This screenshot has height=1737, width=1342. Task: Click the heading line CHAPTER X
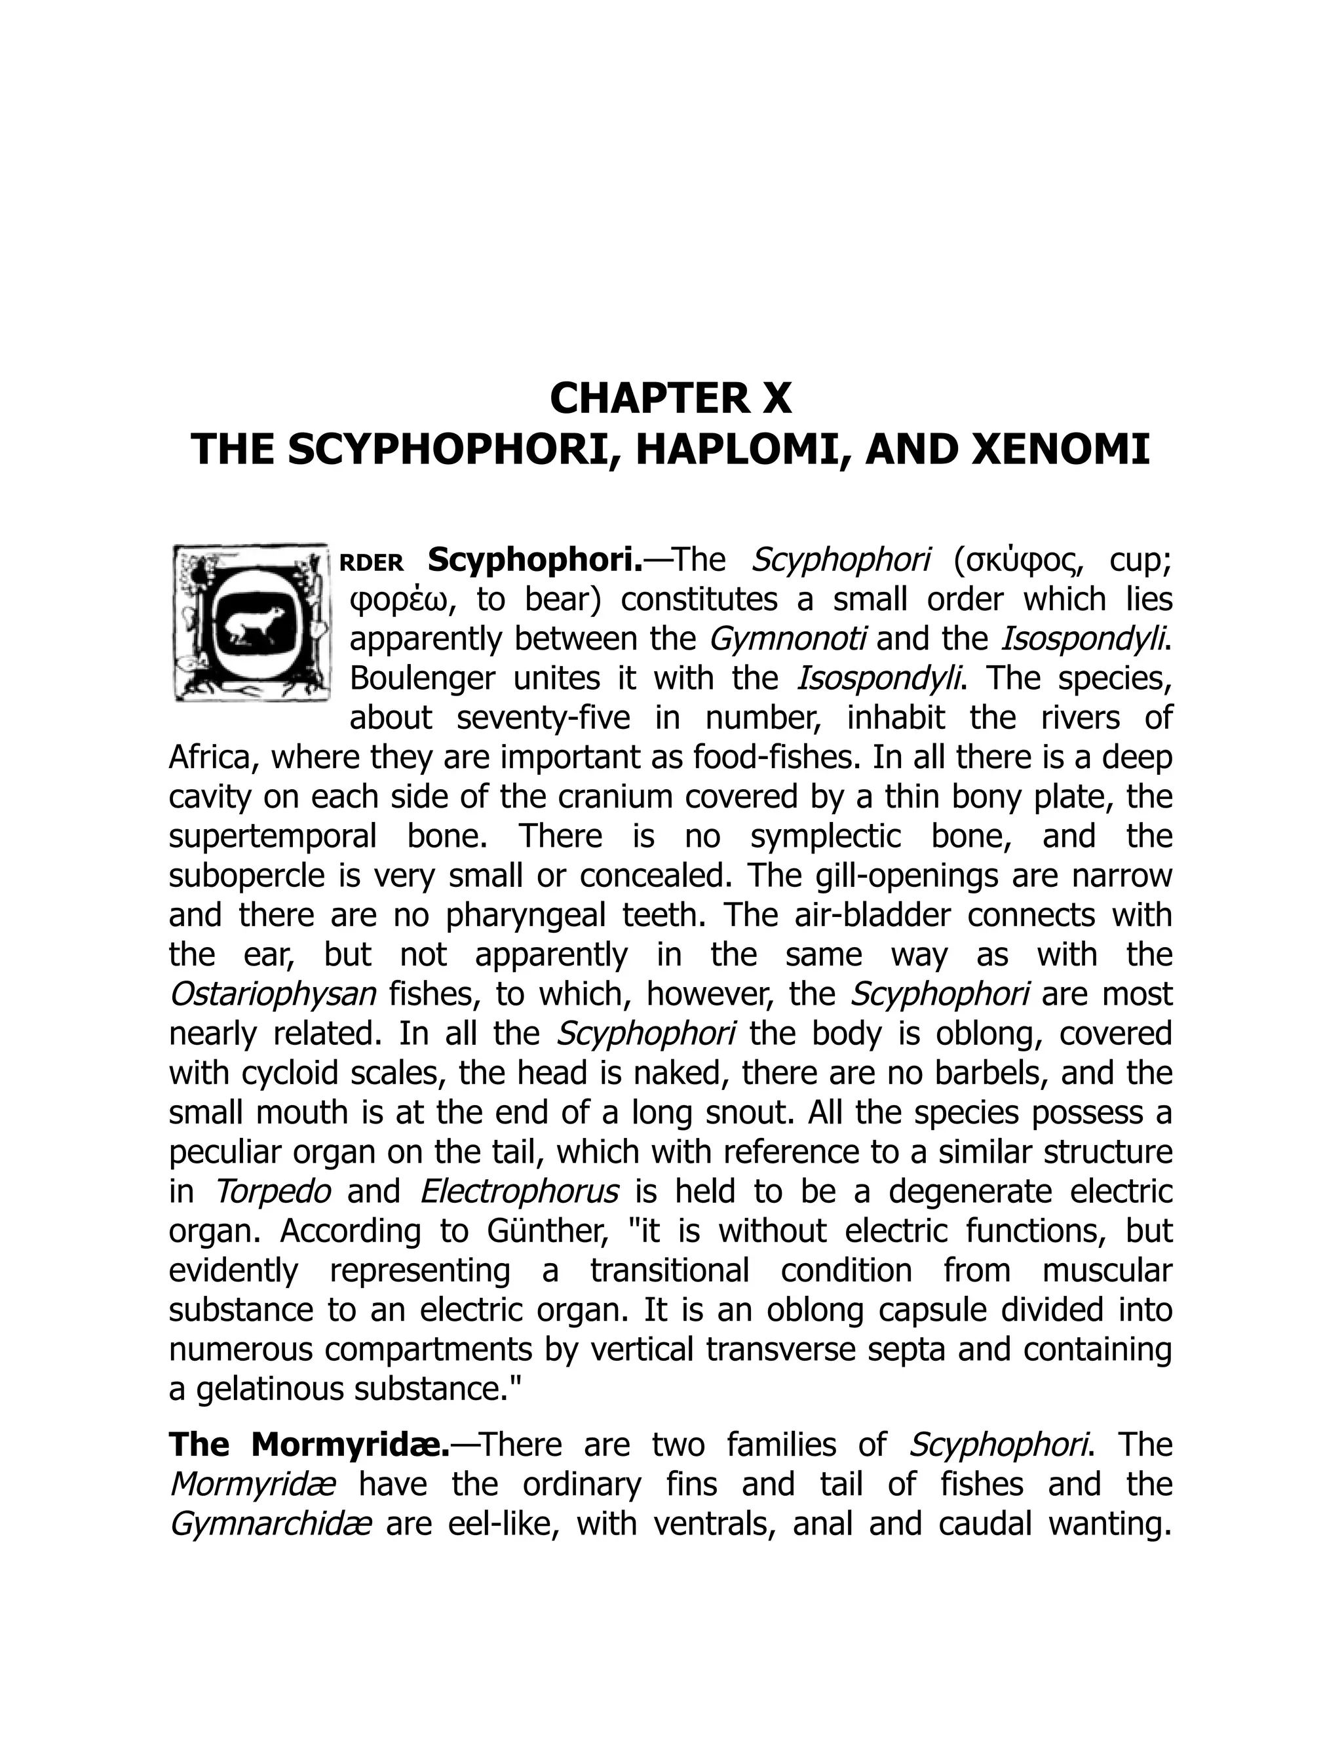point(670,399)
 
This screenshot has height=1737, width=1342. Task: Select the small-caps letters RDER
point(372,563)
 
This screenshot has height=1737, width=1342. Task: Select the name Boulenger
point(422,678)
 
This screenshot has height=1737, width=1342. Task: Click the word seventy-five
point(543,718)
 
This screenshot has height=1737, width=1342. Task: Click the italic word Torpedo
point(273,1192)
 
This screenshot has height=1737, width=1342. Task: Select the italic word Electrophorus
point(518,1192)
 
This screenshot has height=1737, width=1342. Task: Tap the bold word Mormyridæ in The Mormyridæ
point(350,1445)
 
